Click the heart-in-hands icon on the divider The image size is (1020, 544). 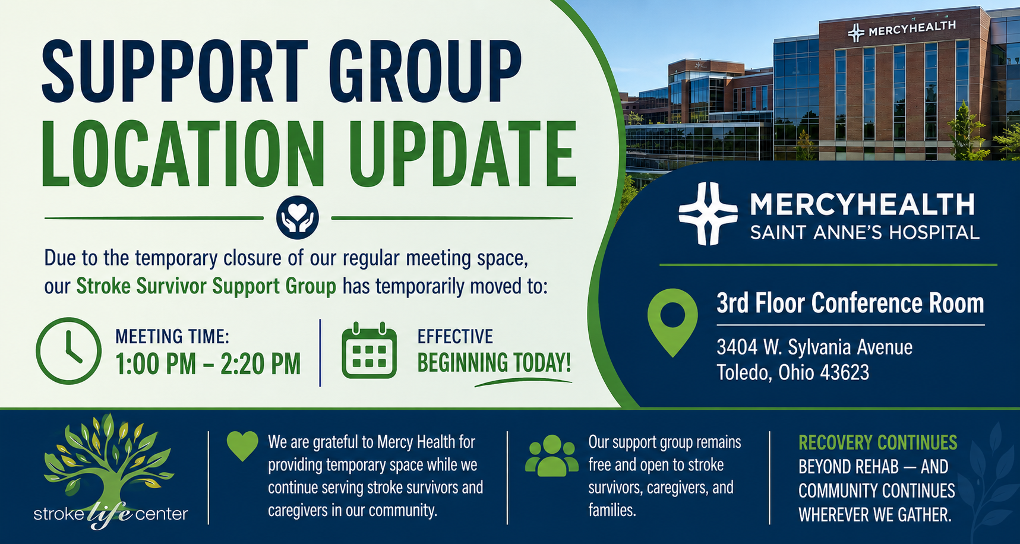pyautogui.click(x=298, y=218)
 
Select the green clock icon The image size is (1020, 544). pyautogui.click(x=68, y=351)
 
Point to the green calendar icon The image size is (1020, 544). pyautogui.click(x=369, y=350)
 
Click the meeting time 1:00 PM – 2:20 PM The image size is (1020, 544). pyautogui.click(x=208, y=364)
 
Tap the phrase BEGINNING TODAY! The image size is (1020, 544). pyautogui.click(x=494, y=362)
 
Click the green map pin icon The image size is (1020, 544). pyautogui.click(x=672, y=322)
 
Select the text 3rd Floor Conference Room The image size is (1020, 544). pyautogui.click(x=850, y=303)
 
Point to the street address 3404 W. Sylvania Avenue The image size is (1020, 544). pyautogui.click(x=814, y=347)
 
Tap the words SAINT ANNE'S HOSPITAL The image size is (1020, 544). pyautogui.click(x=864, y=232)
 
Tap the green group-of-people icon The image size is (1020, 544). pyautogui.click(x=552, y=456)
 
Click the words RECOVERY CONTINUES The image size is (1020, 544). pyautogui.click(x=877, y=442)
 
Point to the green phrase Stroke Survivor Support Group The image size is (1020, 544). pyautogui.click(x=206, y=286)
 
